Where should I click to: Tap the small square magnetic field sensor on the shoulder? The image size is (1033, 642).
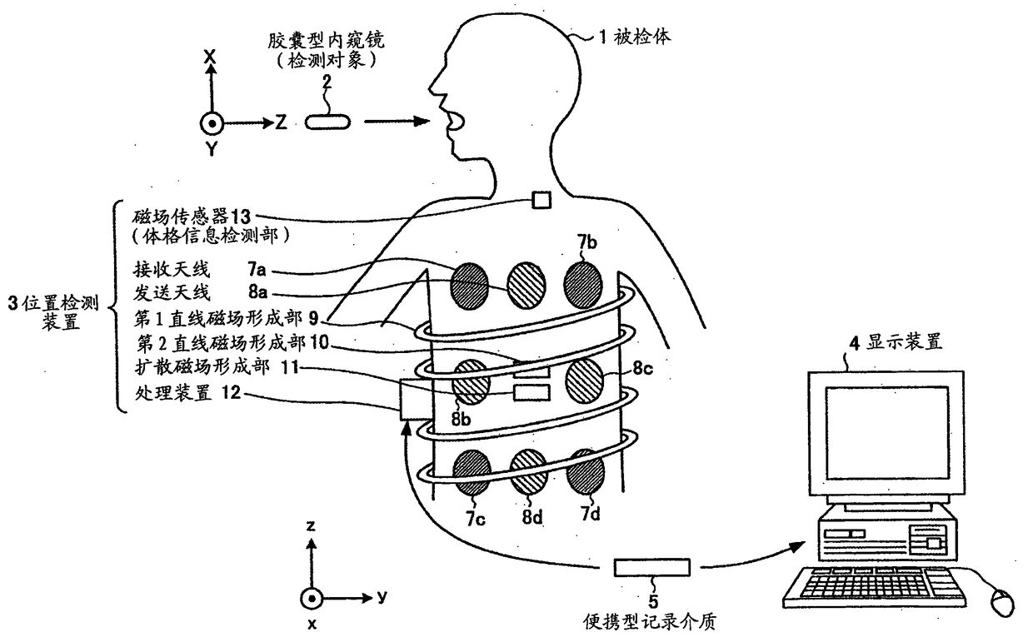click(542, 200)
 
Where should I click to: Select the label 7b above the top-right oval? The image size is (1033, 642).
click(586, 242)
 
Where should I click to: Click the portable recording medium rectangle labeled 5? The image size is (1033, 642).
click(652, 567)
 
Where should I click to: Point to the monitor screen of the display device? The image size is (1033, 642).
click(886, 432)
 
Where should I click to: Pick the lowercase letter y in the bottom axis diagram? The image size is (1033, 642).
click(382, 597)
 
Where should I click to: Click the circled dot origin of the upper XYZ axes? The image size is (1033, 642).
click(212, 123)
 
